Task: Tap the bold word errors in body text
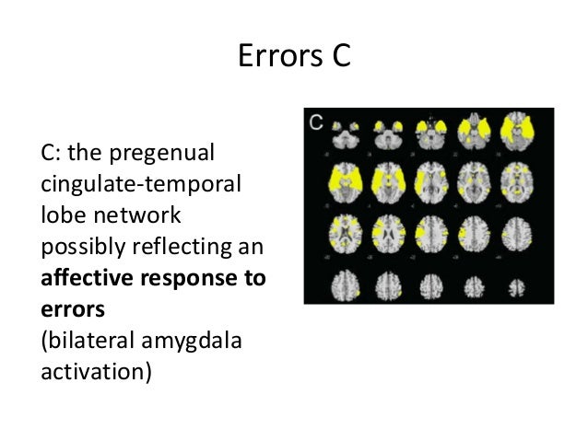[71, 317]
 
